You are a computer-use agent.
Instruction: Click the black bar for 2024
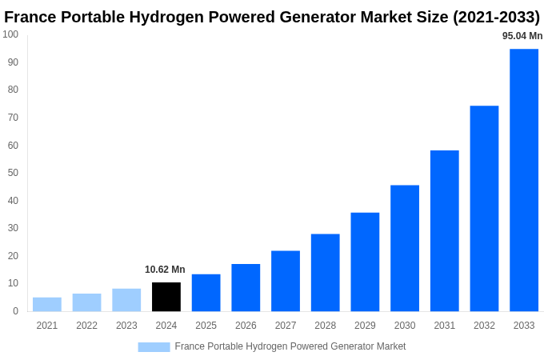point(166,297)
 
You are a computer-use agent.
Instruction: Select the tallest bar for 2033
point(524,180)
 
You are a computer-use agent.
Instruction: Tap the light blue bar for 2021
point(47,304)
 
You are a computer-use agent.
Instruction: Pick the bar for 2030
point(405,248)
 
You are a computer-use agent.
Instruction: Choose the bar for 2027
point(286,281)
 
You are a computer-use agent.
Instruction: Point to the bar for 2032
point(484,208)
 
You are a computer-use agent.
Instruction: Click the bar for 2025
point(206,293)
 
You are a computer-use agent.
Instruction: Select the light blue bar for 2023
point(126,300)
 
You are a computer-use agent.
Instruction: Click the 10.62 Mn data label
point(165,270)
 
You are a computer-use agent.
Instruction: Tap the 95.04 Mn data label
point(522,36)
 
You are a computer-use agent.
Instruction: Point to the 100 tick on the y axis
point(10,34)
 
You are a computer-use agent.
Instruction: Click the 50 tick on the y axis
point(13,173)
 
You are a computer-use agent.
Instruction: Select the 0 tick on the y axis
point(15,311)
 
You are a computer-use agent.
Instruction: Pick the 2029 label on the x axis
point(365,326)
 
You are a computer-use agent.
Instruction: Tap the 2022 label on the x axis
point(86,326)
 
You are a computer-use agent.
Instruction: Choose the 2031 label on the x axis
point(444,326)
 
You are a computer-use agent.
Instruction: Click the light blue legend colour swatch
point(154,346)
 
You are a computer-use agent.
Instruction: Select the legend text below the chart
point(290,346)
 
